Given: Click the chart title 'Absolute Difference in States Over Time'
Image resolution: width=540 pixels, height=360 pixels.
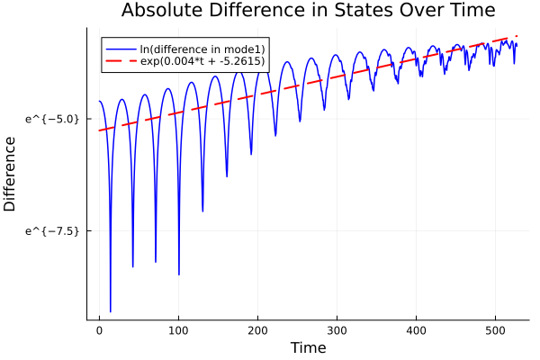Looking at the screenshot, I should click(308, 11).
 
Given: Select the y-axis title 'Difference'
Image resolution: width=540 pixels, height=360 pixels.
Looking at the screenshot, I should click(10, 174).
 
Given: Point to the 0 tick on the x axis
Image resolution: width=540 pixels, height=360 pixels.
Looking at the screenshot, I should click(99, 330).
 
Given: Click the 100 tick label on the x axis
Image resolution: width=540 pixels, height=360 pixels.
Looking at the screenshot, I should click(178, 330).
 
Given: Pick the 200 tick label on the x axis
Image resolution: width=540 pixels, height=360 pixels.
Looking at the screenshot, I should click(257, 330).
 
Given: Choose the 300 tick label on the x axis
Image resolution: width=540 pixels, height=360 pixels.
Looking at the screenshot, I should click(337, 330).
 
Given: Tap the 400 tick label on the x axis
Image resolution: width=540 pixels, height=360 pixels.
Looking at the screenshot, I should click(416, 330).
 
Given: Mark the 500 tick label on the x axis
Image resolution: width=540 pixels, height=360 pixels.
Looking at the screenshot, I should click(495, 330).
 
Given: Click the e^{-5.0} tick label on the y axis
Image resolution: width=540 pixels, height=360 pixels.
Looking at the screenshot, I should click(53, 118).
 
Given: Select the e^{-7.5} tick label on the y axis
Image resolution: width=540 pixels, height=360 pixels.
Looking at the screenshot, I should click(53, 230).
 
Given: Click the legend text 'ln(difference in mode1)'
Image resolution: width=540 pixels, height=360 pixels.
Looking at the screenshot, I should click(202, 49).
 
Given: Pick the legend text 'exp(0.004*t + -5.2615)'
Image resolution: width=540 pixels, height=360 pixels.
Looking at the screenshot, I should click(202, 62).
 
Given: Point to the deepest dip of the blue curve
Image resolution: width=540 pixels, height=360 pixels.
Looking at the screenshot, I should click(111, 311).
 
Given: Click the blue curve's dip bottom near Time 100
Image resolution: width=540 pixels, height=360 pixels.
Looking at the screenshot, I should click(179, 274).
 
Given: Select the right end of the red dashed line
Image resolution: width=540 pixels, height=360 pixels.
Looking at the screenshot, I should click(517, 37).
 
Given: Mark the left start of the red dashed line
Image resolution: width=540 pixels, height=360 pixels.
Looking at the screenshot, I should click(99, 130).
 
